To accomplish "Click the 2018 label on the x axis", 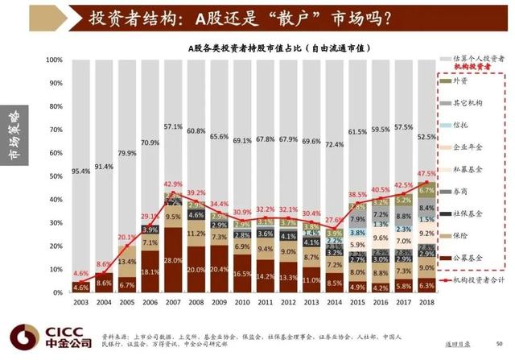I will click(x=426, y=302).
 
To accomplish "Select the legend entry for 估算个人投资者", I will click(x=479, y=59).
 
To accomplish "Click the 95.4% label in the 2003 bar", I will click(x=81, y=172).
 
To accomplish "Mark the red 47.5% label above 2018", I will click(x=427, y=173).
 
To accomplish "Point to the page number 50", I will click(x=500, y=343).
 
